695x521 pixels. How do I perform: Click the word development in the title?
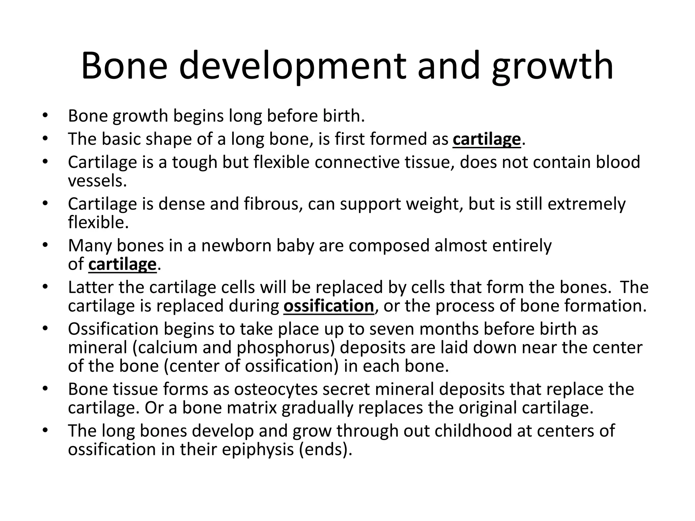(292, 66)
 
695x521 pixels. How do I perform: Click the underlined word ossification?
(328, 306)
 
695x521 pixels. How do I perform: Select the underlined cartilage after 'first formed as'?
(487, 139)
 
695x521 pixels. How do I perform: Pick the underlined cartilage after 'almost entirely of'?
(122, 264)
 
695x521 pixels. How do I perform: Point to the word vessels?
(97, 181)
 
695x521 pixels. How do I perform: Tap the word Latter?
(91, 287)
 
